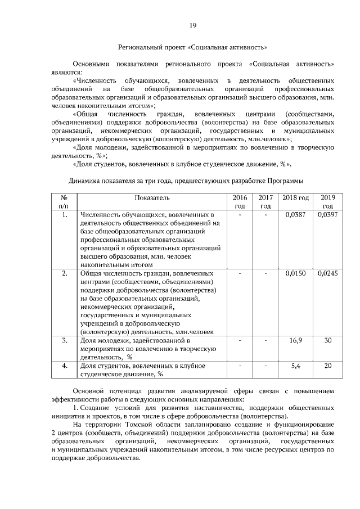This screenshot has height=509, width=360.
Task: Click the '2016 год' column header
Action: point(240,201)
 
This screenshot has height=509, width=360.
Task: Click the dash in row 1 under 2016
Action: point(240,215)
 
